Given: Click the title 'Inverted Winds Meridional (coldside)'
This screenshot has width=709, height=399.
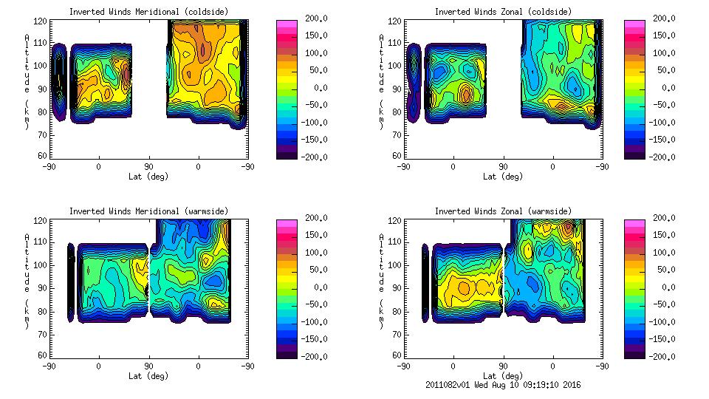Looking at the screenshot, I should point(148,12).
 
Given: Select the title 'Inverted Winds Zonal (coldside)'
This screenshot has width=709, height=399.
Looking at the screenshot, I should point(502,12).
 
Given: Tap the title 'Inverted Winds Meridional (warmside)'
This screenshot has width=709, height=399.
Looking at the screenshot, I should point(148,211).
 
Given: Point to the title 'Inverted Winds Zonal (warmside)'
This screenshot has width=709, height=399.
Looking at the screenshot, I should point(502,211).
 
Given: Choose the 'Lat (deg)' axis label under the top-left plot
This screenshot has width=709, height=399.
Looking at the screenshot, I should point(148,177).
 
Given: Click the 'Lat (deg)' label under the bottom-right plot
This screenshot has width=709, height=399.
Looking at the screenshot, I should point(502,375).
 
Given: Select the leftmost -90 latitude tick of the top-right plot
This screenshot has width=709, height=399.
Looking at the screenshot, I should point(403,166).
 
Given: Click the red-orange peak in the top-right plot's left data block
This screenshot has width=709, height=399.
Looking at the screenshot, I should point(465,94).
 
